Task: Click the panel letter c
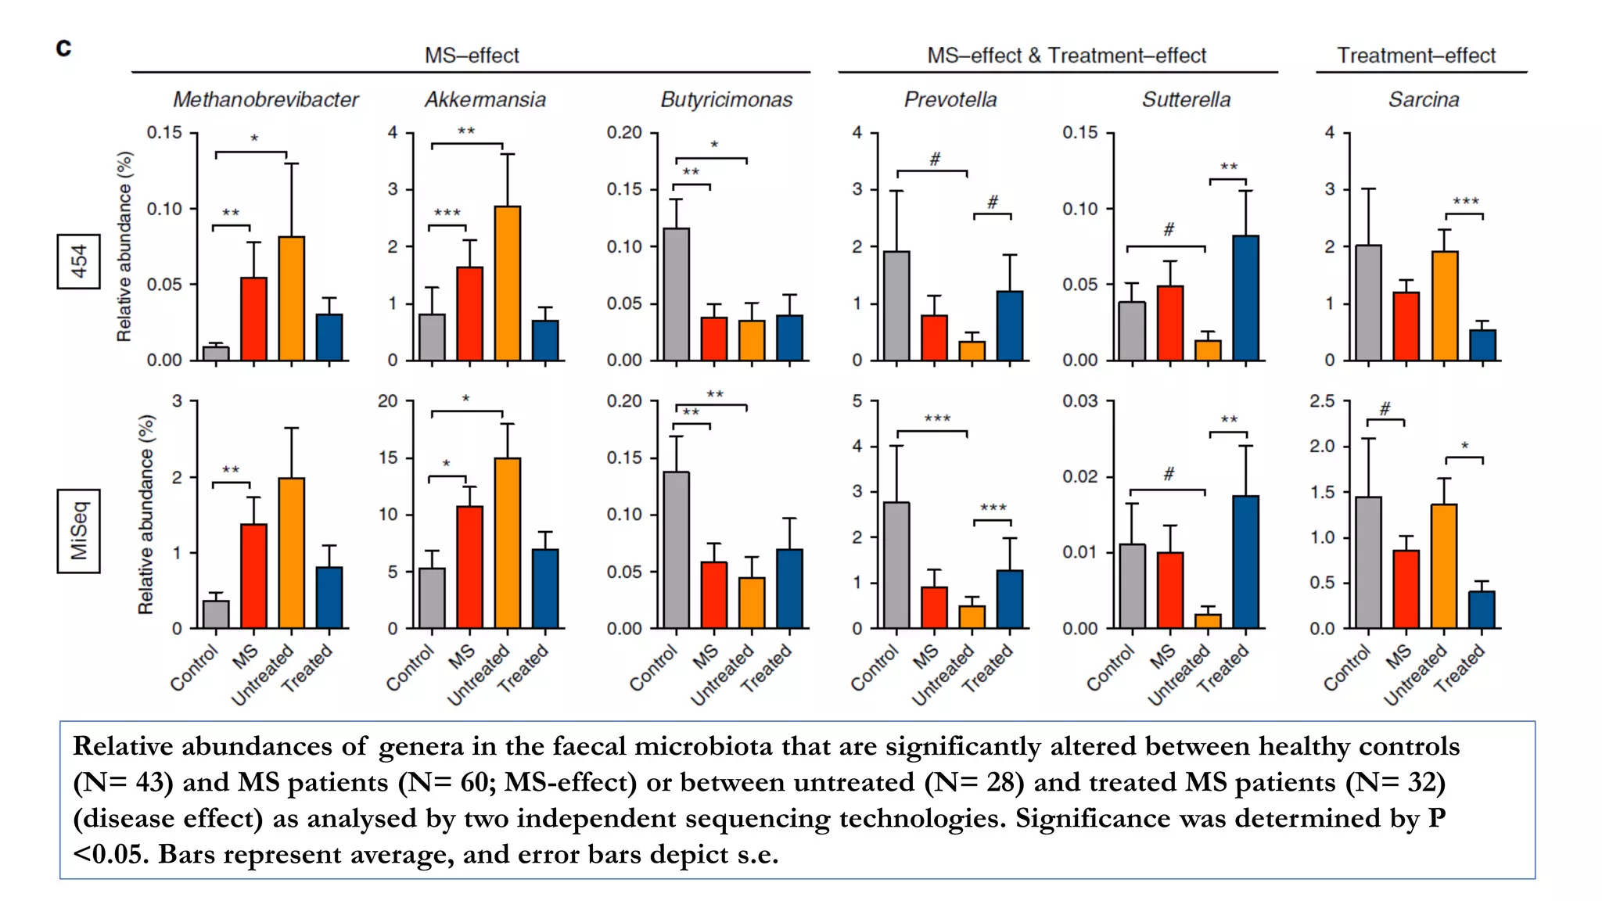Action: pyautogui.click(x=63, y=48)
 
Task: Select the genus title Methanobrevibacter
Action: pyautogui.click(x=265, y=100)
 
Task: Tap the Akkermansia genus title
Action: pyautogui.click(x=485, y=100)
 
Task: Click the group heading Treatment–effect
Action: pyautogui.click(x=1416, y=56)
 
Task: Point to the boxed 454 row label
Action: pyautogui.click(x=78, y=261)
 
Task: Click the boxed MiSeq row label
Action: pyautogui.click(x=78, y=531)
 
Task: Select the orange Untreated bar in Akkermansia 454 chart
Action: pyautogui.click(x=508, y=283)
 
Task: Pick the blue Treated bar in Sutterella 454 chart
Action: pyautogui.click(x=1246, y=298)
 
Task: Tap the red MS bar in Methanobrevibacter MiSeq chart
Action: pyautogui.click(x=253, y=576)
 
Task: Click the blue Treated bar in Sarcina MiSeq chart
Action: pyautogui.click(x=1482, y=609)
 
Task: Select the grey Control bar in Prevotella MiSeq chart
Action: pyautogui.click(x=896, y=565)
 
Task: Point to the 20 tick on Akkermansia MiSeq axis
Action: pyautogui.click(x=388, y=401)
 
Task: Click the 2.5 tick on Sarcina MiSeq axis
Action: pyautogui.click(x=1322, y=401)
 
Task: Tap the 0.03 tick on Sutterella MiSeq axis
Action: pyautogui.click(x=1079, y=401)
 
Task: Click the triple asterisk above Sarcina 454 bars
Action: pyautogui.click(x=1466, y=202)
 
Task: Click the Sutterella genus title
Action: pyautogui.click(x=1186, y=100)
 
